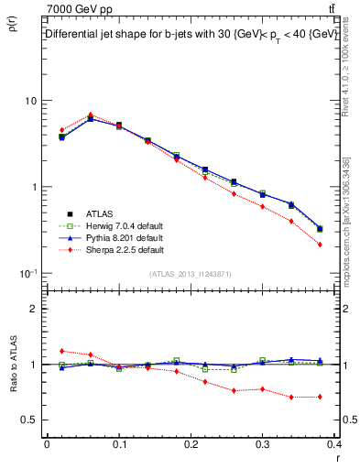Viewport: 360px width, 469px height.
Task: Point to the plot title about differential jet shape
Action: [191, 33]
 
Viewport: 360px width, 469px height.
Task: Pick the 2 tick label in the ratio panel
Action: [35, 309]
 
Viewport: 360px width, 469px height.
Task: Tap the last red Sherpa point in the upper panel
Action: [320, 245]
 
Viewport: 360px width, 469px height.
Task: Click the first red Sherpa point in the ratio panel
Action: [61, 351]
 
